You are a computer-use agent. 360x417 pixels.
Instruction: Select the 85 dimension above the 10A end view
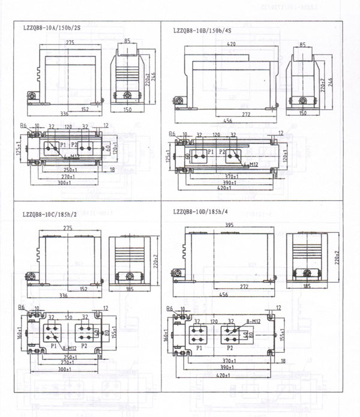pos(127,41)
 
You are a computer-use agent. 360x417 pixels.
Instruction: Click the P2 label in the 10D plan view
pos(229,347)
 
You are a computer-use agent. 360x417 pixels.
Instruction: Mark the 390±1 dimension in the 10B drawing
pos(224,181)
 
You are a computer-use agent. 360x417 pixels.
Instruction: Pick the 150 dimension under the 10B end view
pos(302,113)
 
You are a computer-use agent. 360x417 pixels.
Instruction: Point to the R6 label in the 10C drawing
pos(22,307)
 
